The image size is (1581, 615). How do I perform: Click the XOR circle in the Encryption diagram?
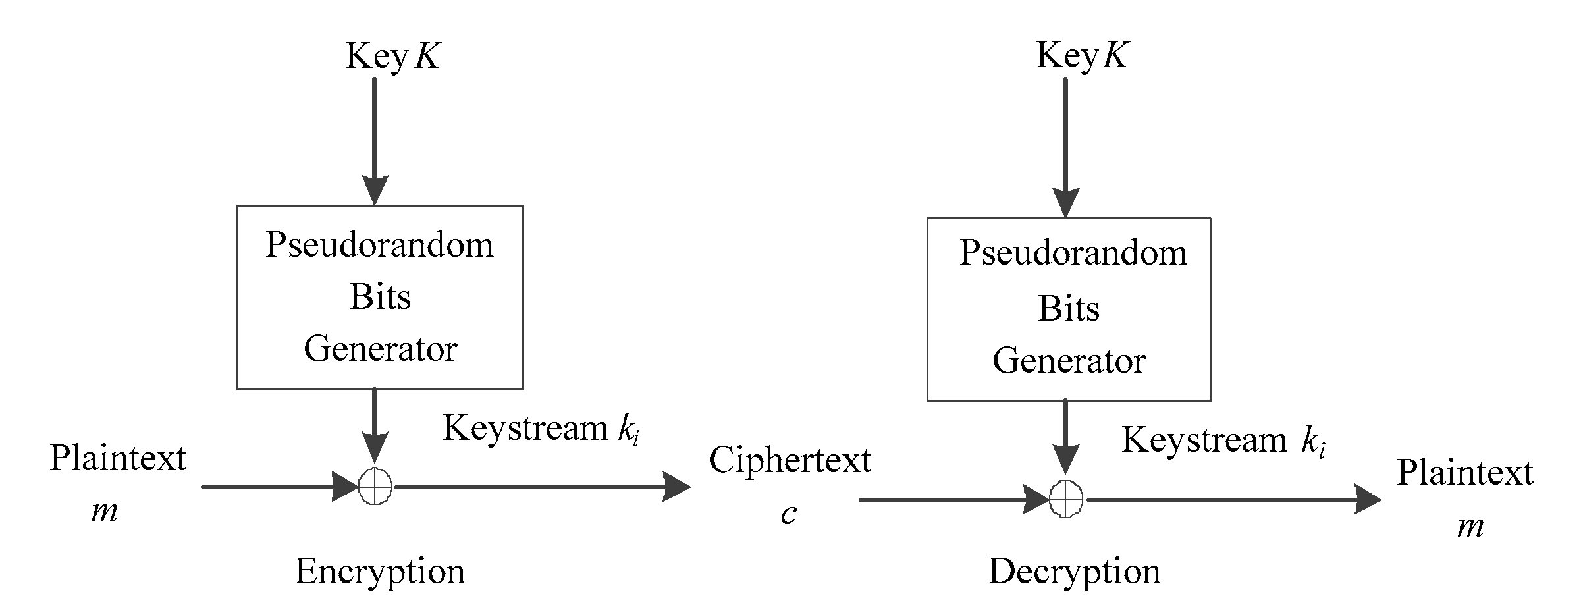(x=375, y=487)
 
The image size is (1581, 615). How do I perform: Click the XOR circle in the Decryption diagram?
(x=1065, y=499)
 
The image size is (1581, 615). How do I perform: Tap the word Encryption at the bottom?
(x=379, y=571)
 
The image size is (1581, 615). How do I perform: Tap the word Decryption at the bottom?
(x=1073, y=571)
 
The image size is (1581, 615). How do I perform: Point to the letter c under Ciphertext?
(x=789, y=513)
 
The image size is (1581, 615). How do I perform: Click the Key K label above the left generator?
(x=392, y=55)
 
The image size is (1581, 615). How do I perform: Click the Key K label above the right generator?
(x=1082, y=55)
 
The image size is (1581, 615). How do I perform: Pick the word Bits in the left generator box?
(x=379, y=296)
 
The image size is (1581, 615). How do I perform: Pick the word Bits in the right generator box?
(x=1069, y=308)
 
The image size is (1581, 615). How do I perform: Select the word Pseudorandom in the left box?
(x=379, y=245)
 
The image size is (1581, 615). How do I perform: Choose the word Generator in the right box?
(x=1069, y=361)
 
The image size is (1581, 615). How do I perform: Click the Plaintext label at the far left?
(x=118, y=458)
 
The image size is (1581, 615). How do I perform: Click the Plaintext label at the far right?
(x=1465, y=472)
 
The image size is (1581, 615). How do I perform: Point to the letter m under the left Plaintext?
(x=104, y=510)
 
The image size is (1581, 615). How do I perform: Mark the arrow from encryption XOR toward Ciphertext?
(x=540, y=487)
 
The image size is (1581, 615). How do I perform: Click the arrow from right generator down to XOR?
(x=1065, y=435)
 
